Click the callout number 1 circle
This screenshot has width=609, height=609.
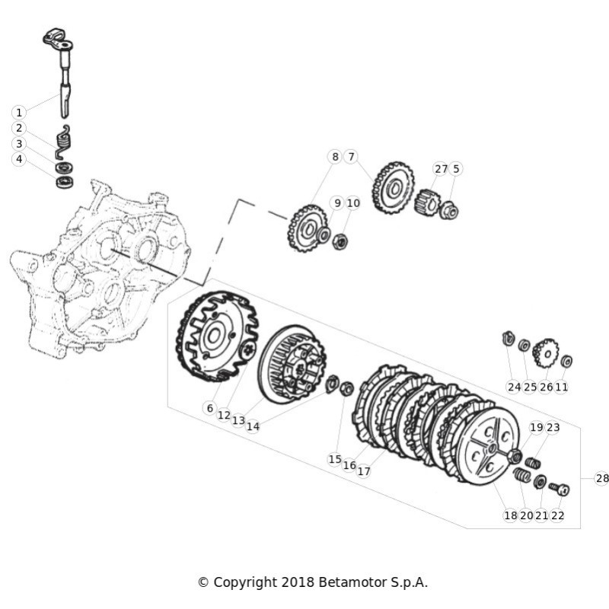click(x=18, y=113)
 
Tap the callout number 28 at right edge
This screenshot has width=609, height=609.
click(x=601, y=478)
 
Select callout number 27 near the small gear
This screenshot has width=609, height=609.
click(x=441, y=169)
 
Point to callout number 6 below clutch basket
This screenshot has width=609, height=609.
click(x=210, y=408)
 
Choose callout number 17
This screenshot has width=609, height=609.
click(x=364, y=471)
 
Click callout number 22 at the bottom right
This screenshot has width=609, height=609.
click(x=557, y=515)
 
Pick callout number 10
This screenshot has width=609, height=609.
click(x=353, y=202)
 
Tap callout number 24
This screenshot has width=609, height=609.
click(x=514, y=387)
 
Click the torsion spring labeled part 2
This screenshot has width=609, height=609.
click(x=64, y=142)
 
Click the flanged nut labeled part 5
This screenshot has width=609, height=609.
click(x=449, y=211)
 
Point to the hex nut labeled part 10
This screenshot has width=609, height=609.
click(x=340, y=242)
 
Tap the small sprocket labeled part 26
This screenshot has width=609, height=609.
click(x=546, y=353)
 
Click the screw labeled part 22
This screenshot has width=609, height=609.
click(x=560, y=489)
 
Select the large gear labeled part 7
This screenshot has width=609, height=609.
click(x=394, y=188)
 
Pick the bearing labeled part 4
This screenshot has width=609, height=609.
click(x=65, y=182)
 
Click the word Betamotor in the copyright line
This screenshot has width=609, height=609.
click(x=353, y=582)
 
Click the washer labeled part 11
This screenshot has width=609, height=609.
click(x=566, y=361)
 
